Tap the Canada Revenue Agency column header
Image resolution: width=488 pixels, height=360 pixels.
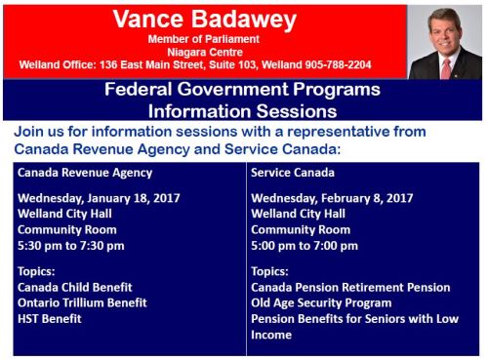pos(85,173)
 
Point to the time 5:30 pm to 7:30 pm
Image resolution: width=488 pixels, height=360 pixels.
pos(71,246)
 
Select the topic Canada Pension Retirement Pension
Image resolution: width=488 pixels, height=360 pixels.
pos(350,288)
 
